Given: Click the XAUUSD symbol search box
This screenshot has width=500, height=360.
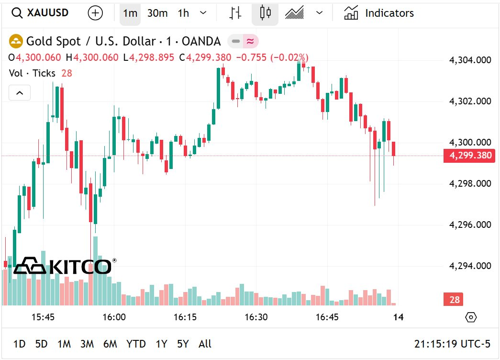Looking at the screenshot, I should point(40,13).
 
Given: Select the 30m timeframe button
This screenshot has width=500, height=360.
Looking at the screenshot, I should point(157,13).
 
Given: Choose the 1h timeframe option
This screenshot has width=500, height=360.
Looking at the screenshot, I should point(183,13).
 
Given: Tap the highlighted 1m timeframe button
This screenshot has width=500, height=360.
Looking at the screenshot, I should point(130,13).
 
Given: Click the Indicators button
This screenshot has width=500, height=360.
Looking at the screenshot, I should point(379,13).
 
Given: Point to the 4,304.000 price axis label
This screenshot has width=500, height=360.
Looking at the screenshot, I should point(470,60).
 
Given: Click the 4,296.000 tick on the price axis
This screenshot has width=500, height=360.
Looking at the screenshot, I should point(470,225).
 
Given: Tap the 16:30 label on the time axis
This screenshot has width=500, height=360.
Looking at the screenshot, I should point(256,317).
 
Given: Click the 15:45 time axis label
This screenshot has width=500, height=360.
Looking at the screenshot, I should point(43,317).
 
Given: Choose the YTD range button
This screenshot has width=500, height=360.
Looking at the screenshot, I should point(136,344).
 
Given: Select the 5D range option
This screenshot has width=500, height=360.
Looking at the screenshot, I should point(42,344).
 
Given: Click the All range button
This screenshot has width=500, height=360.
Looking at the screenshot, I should point(205,344).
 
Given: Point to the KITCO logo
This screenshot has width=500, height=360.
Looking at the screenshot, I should point(63,266).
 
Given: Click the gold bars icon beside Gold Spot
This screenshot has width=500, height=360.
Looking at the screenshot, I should point(16,42).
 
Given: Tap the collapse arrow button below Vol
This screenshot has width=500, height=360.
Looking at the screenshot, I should point(20,93).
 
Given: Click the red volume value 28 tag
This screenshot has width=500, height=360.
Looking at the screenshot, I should point(454,300).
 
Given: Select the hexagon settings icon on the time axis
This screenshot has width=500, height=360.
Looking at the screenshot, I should point(471,317).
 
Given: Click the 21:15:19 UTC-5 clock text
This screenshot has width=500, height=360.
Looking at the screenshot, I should point(452,344).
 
